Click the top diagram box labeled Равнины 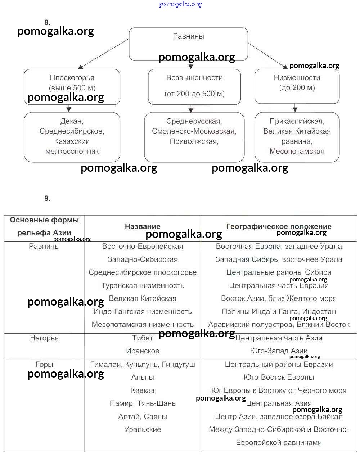[188, 36]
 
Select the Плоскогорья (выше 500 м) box [72, 83]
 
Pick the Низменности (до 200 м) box [297, 83]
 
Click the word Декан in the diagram [72, 121]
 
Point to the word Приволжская [194, 141]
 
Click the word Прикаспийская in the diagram [297, 121]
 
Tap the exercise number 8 [47, 22]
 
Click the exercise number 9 [47, 198]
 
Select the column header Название [143, 226]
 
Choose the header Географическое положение [279, 226]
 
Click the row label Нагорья [44, 338]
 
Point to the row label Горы [44, 364]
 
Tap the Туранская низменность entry [143, 285]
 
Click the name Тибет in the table [143, 338]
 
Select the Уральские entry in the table [143, 429]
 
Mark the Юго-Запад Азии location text [279, 351]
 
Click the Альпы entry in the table [143, 377]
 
